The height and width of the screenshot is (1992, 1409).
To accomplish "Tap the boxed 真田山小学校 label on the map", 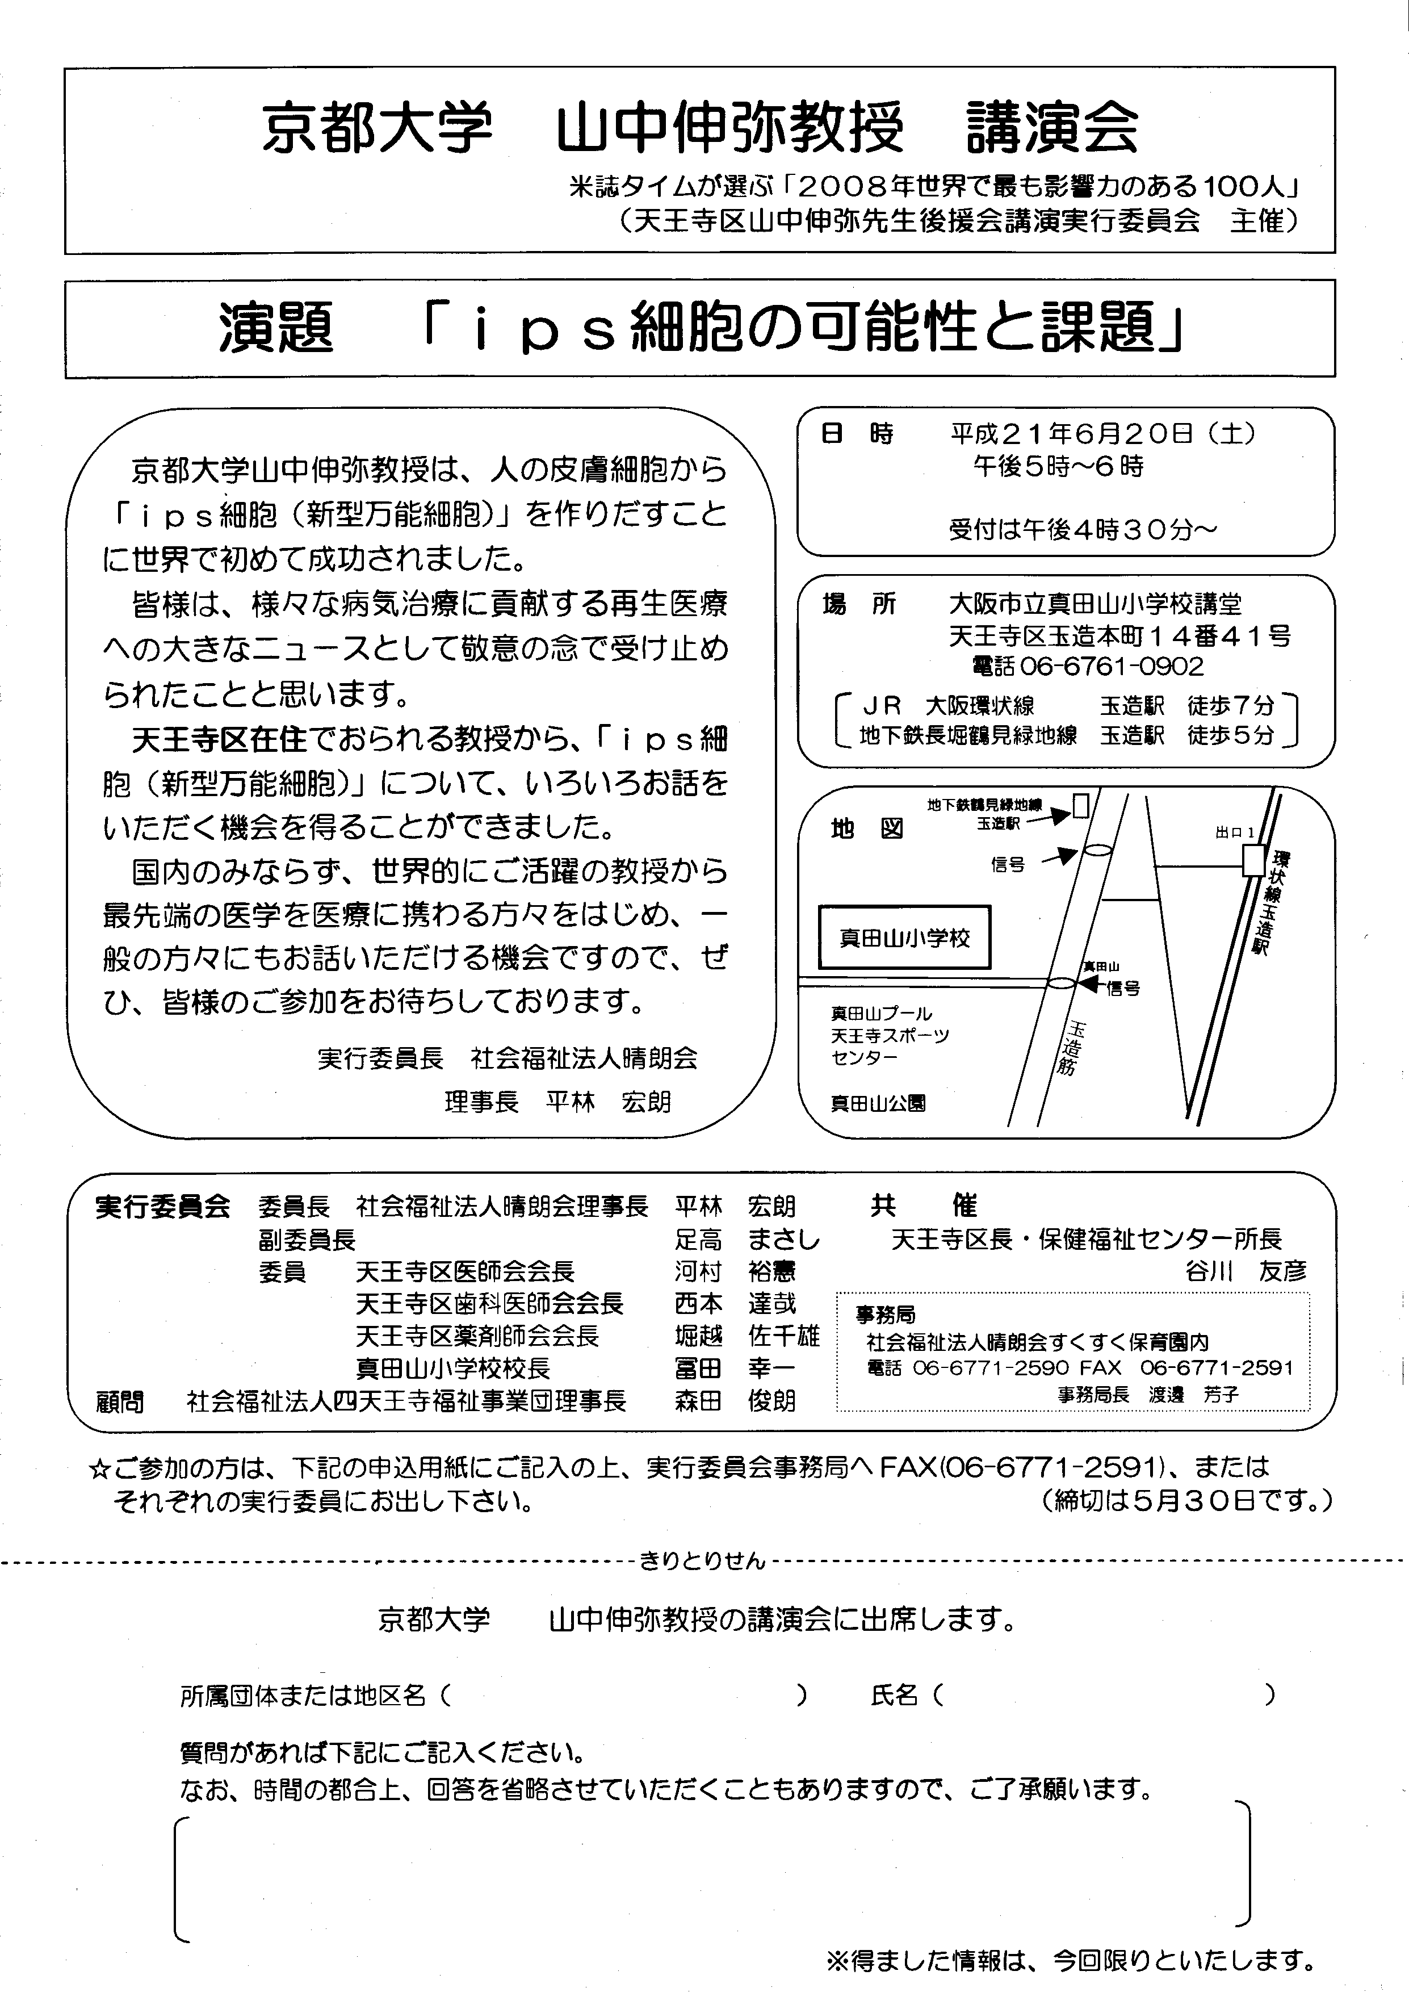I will [x=904, y=938].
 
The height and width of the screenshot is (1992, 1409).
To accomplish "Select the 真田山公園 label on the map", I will [x=878, y=1103].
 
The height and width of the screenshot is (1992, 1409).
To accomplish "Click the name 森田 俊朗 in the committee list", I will [x=735, y=1400].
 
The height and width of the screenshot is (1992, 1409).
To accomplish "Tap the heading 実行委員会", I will [x=162, y=1206].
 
